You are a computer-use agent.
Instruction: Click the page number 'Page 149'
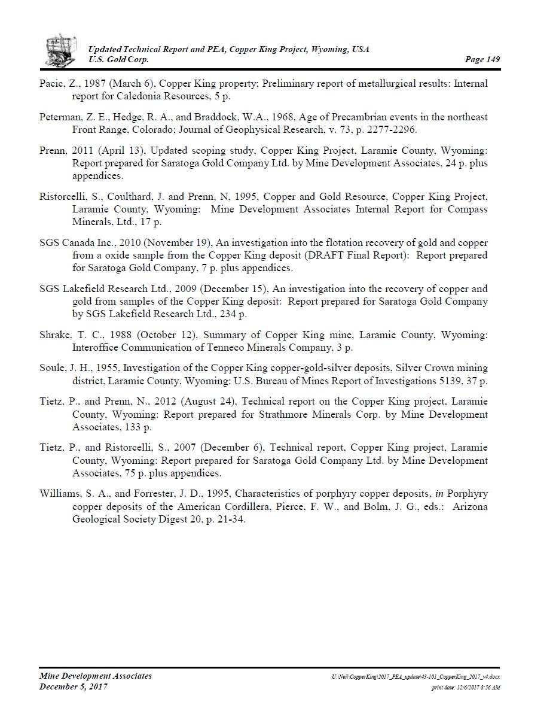[482, 59]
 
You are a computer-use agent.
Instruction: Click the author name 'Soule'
[52, 369]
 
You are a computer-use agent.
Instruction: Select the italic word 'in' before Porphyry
[439, 494]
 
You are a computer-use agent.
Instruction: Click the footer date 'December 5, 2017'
[74, 687]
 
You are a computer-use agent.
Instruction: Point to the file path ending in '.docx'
[416, 676]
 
